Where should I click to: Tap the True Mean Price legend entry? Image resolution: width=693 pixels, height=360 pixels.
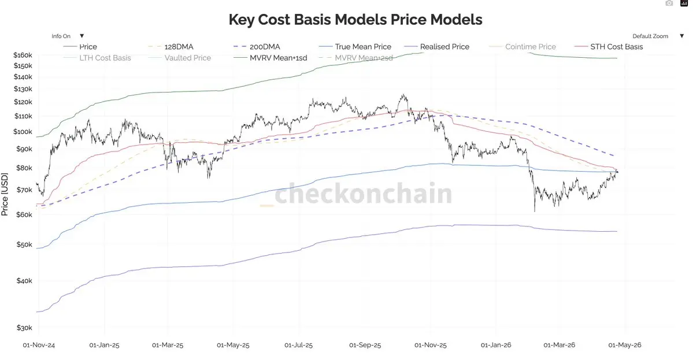363,47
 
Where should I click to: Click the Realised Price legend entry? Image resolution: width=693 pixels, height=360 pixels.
444,47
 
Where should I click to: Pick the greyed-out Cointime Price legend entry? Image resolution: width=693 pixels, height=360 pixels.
530,47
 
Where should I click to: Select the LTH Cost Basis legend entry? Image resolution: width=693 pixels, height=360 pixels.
105,58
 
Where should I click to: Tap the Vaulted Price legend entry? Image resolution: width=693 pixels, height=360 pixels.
187,58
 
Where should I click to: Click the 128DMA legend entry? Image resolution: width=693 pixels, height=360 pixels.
179,47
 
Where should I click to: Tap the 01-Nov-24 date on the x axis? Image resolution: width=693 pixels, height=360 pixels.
39,345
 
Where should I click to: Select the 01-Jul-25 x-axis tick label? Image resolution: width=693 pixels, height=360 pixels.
299,345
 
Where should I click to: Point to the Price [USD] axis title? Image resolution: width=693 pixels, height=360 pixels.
5,194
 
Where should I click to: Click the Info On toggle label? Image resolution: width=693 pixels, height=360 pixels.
61,36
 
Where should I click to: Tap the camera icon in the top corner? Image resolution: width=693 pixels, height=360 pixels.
669,3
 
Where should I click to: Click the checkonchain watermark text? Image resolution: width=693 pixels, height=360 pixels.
363,194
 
